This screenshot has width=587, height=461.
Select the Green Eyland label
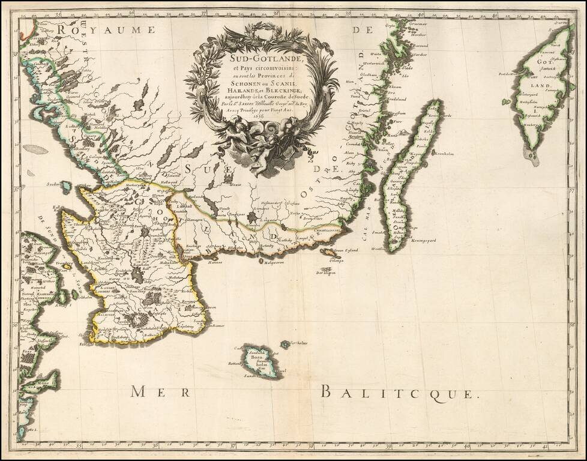coord(346,250)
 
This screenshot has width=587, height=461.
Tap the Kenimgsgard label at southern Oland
coord(424,241)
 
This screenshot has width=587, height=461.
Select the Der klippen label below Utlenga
coord(327,273)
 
